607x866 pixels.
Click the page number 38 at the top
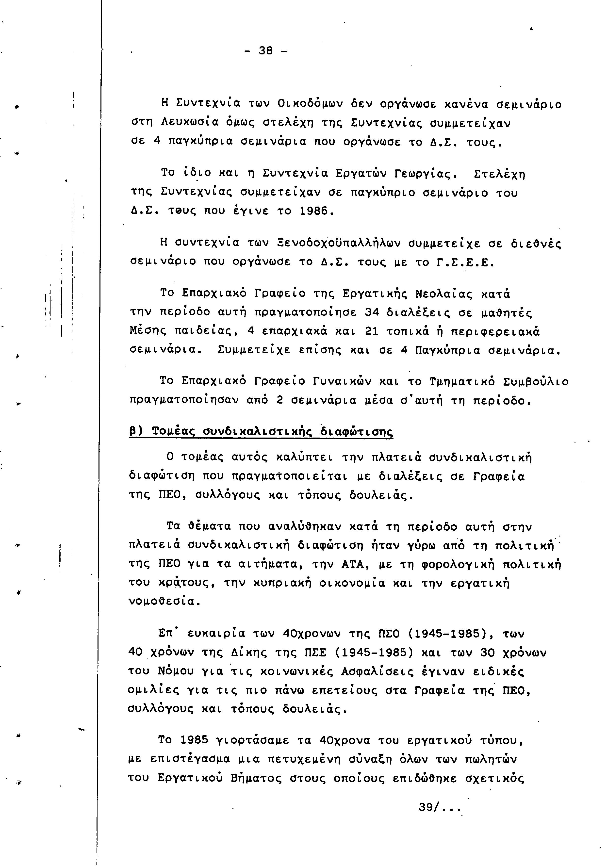pos(266,50)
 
